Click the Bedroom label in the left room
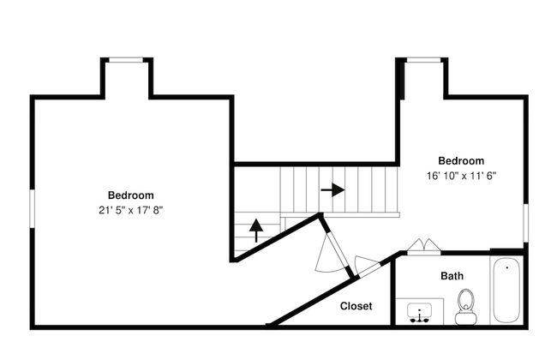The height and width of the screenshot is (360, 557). tap(130, 195)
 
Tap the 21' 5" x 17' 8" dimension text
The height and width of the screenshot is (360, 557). tap(130, 209)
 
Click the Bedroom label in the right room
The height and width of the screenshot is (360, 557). tap(461, 160)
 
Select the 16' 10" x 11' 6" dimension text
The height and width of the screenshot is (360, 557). tap(461, 175)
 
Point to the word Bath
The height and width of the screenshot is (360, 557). tap(452, 276)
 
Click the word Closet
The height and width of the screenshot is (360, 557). tap(356, 306)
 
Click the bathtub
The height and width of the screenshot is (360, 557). tap(506, 290)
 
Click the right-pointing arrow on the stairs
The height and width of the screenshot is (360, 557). tap(332, 189)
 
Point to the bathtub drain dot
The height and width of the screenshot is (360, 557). tap(506, 267)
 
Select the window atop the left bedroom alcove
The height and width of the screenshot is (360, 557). tap(127, 59)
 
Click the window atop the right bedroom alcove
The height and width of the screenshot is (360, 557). tap(422, 59)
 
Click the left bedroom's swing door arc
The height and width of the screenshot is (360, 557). tap(326, 254)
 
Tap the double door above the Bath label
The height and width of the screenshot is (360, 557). tap(423, 248)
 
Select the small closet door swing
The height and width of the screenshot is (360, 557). tap(367, 266)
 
